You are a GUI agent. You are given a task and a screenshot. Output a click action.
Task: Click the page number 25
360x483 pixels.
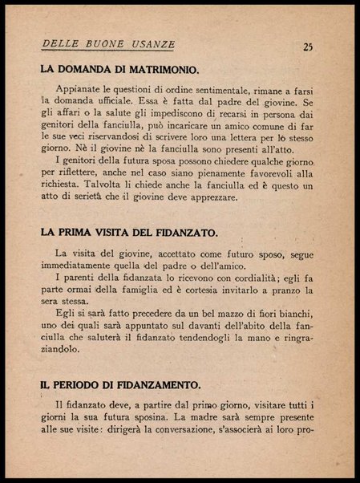[x=308, y=46]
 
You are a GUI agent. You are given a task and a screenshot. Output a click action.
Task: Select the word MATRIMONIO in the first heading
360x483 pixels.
[x=156, y=70]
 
